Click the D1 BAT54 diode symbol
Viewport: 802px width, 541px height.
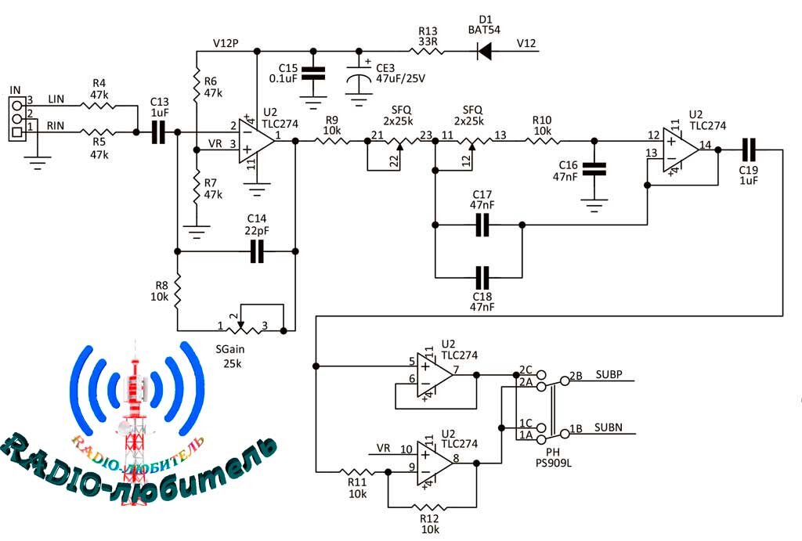click(484, 51)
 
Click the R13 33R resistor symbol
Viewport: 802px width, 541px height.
click(427, 51)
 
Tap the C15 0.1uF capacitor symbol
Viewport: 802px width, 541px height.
click(313, 74)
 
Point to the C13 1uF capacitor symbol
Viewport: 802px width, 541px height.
click(158, 132)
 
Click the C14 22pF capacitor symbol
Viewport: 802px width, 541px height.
click(257, 251)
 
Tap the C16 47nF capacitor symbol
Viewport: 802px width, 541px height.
click(594, 169)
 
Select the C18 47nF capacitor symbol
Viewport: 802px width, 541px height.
click(482, 278)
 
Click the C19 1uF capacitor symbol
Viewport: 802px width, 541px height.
click(749, 150)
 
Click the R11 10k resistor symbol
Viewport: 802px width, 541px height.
click(357, 471)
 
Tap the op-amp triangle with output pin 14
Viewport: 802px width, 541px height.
click(681, 150)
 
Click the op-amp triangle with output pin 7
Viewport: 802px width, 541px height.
click(435, 375)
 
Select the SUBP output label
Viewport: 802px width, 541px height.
click(609, 374)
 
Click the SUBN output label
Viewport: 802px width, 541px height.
click(608, 427)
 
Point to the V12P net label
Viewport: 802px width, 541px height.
click(226, 44)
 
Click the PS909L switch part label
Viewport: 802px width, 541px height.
click(554, 463)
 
